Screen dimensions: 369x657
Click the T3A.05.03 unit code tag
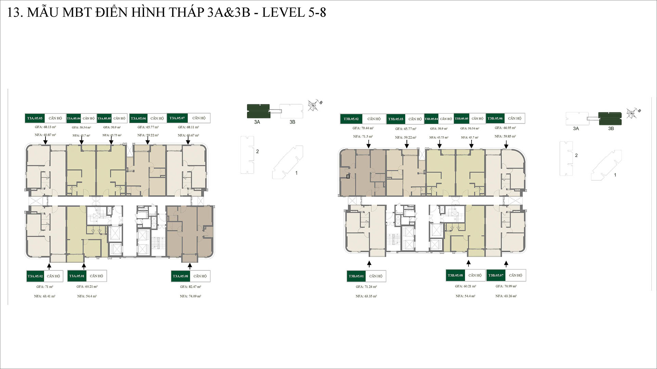coord(35,118)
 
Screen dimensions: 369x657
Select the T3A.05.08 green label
coord(180,276)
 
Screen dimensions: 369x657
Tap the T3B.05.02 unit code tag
coord(351,119)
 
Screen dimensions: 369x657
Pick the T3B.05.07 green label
coord(496,275)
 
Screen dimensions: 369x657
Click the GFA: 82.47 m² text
coord(191,287)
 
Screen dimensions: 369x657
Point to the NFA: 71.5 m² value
coord(363,137)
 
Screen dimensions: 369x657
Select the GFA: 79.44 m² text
coord(363,128)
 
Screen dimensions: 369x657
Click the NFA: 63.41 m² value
coord(44,296)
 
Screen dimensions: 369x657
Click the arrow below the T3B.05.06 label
coord(506,145)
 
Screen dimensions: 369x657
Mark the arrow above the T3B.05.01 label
coord(369,264)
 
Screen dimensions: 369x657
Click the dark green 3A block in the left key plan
coord(258,111)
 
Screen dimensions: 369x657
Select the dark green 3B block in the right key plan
coord(610,119)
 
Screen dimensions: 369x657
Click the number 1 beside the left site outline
coord(296,173)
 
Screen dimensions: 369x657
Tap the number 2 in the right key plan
coord(576,155)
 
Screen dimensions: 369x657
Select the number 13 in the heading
coord(13,12)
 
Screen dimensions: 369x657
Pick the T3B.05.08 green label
coord(455,275)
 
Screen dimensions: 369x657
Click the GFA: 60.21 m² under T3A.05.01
coord(87,287)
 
